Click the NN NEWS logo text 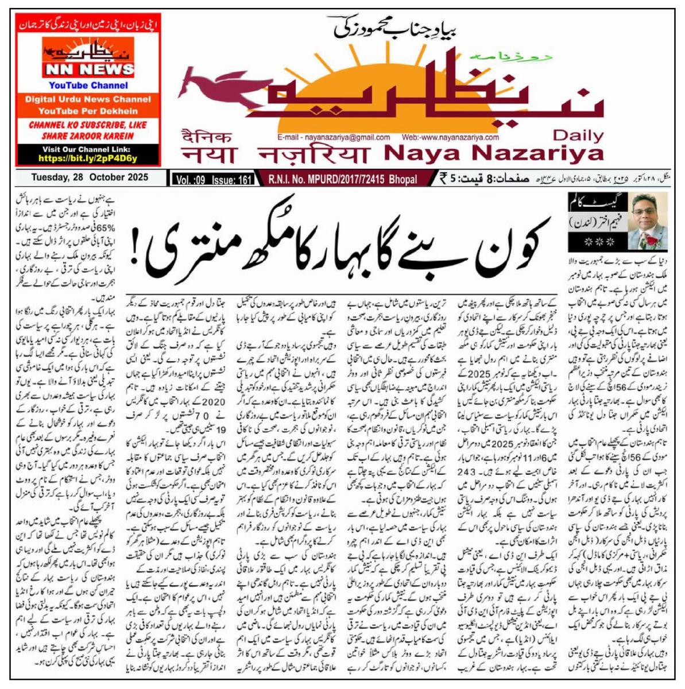(88, 69)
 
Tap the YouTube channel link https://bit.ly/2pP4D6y (88, 158)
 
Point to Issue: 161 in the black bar (232, 180)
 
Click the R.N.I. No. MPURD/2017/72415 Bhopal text (343, 180)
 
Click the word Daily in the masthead (578, 136)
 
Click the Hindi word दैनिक (207, 138)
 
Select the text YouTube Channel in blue (88, 86)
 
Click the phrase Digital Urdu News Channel (88, 99)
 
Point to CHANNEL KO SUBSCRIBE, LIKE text (88, 125)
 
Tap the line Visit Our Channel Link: (88, 149)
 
